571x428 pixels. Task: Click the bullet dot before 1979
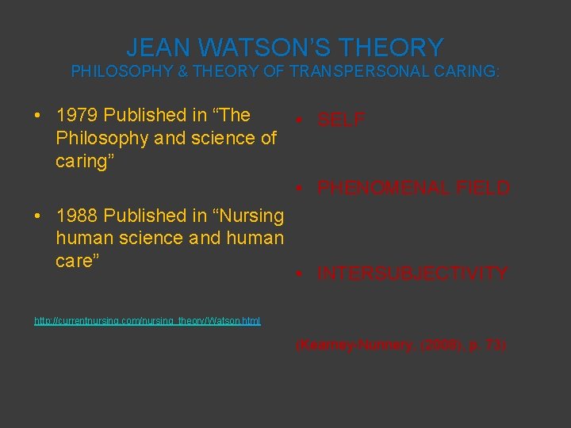pyautogui.click(x=38, y=116)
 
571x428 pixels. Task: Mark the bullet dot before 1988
pyautogui.click(x=38, y=216)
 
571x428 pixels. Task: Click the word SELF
pyautogui.click(x=341, y=120)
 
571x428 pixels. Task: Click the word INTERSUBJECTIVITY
pyautogui.click(x=412, y=273)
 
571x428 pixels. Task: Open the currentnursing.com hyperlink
pyautogui.click(x=148, y=321)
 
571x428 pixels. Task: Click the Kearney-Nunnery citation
pyautogui.click(x=400, y=346)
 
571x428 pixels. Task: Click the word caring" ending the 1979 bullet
pyautogui.click(x=83, y=161)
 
